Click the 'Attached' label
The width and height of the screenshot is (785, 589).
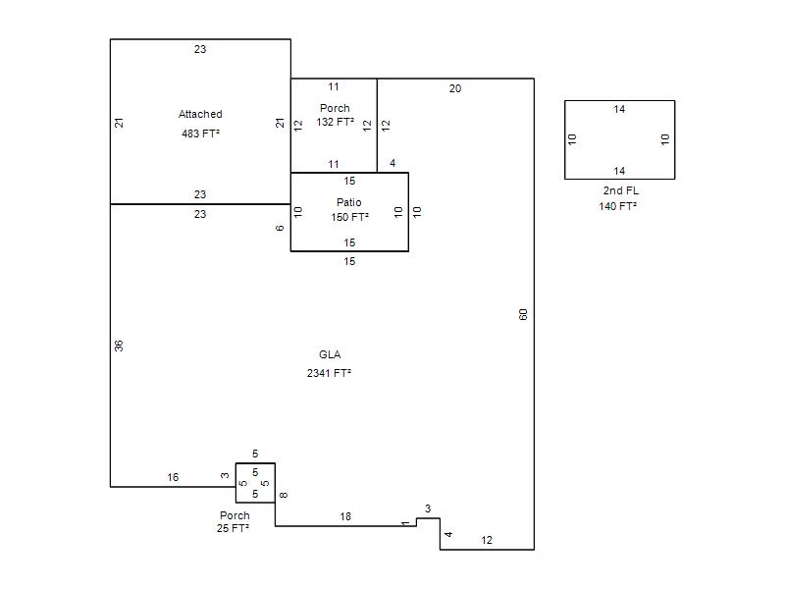coord(200,114)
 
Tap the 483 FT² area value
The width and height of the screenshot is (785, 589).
coord(200,134)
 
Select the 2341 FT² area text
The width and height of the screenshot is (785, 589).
coord(329,373)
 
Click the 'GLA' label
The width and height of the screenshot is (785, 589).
coord(330,354)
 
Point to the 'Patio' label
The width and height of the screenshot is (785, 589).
coord(349,202)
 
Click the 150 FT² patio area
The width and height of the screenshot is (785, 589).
coord(349,217)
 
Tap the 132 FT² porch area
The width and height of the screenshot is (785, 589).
coord(335,122)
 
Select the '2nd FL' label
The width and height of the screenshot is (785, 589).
coord(621,190)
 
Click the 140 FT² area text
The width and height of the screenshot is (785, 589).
coord(618,206)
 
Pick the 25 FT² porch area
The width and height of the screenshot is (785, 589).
coord(233,528)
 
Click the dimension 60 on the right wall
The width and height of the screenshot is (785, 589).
coord(523,314)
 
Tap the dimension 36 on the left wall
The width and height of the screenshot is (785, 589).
coord(119,346)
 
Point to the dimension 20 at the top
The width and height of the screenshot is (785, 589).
coord(455,88)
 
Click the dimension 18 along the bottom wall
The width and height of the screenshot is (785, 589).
coord(345,516)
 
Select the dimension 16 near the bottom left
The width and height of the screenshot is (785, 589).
coord(173,477)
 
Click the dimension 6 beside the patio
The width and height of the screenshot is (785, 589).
coord(280,228)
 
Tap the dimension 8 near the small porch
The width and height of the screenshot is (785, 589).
coord(284,495)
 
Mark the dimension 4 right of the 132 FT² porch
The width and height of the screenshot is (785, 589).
coord(392,163)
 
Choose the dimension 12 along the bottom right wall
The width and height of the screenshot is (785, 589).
coord(487,540)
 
